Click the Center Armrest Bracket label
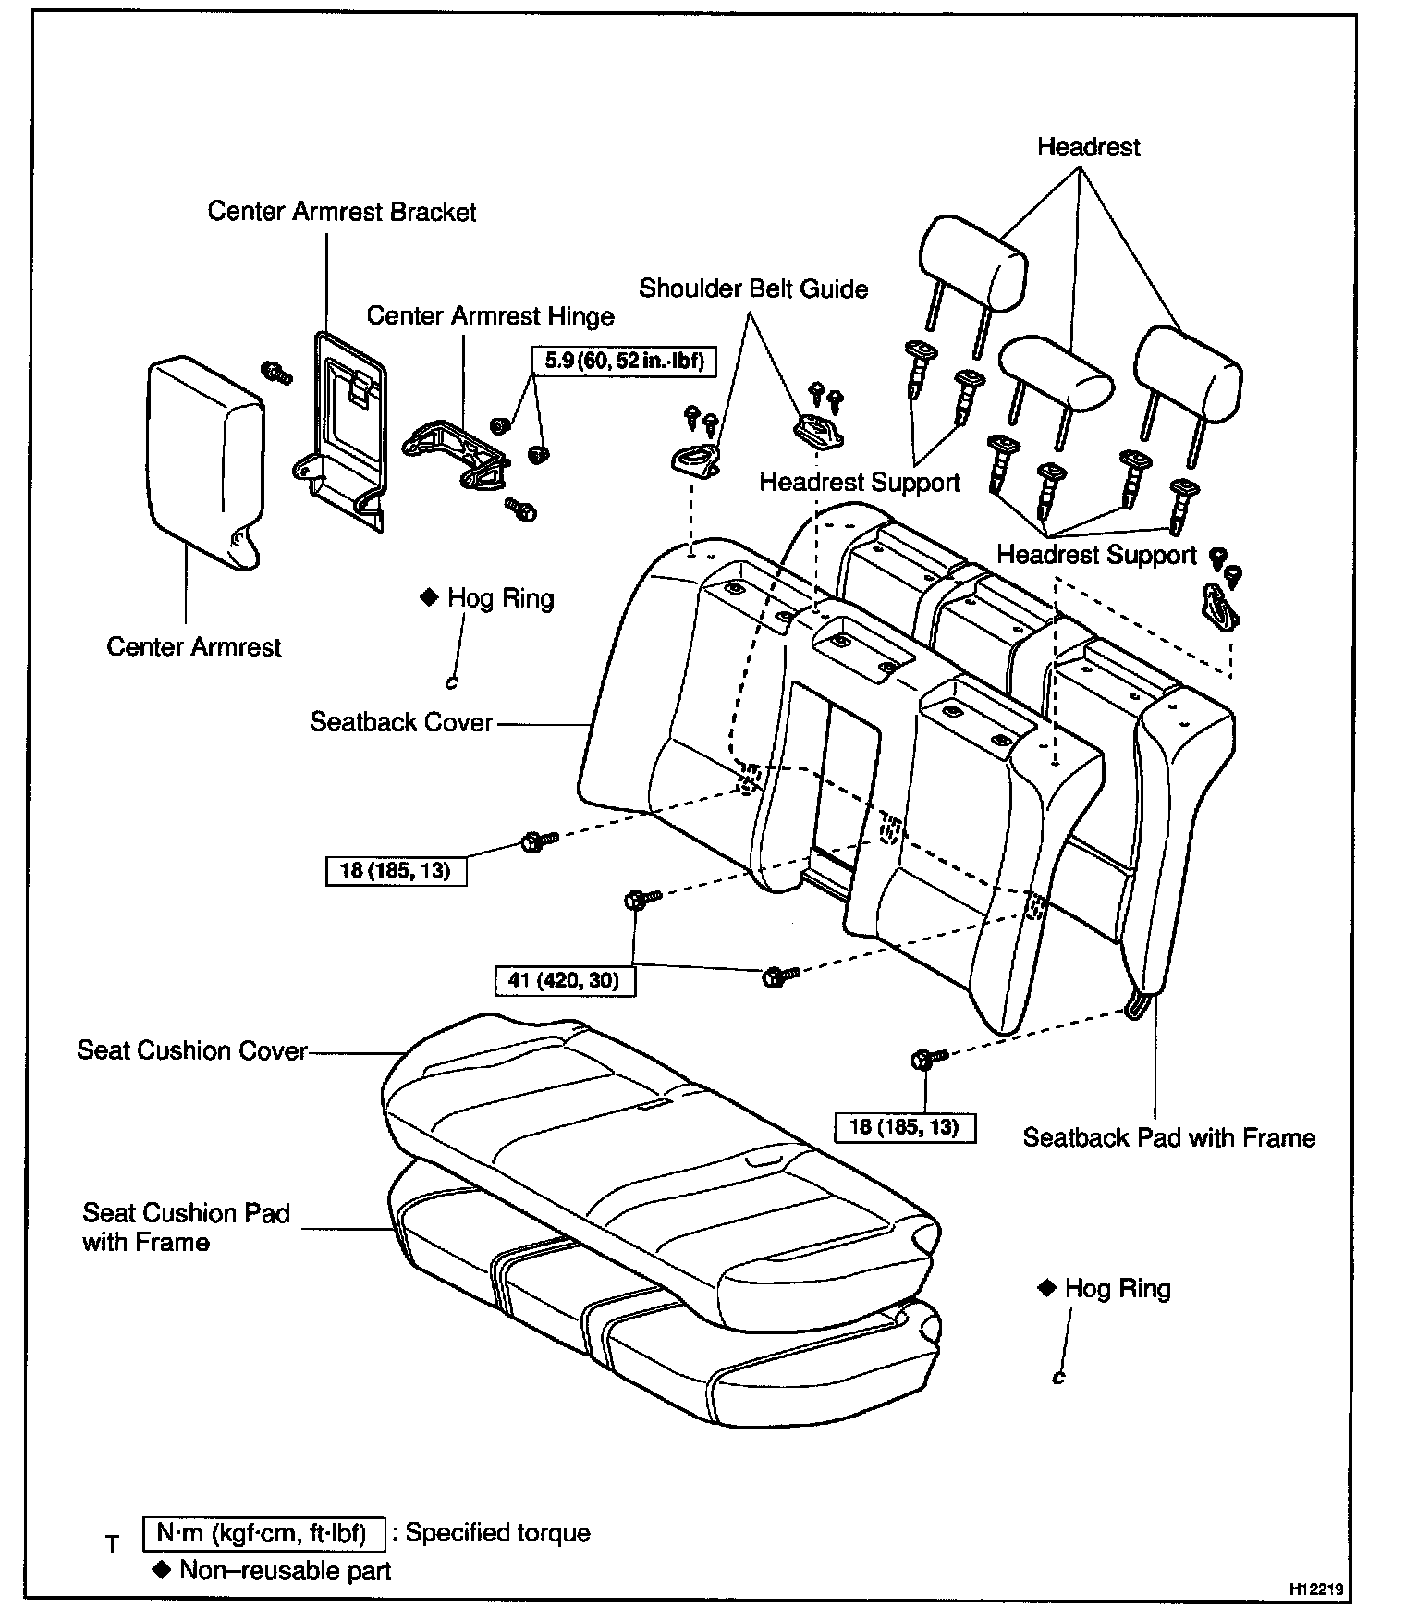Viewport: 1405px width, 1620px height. click(341, 212)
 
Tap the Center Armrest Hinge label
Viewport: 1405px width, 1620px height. click(490, 316)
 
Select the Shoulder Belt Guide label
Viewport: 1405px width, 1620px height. click(753, 288)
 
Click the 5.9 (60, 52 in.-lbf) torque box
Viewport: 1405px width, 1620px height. click(624, 361)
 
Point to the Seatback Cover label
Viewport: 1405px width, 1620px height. click(401, 722)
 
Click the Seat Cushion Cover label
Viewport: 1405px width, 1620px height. click(191, 1050)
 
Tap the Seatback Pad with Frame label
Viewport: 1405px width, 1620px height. click(1168, 1137)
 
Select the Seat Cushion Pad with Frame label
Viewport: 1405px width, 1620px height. click(186, 1226)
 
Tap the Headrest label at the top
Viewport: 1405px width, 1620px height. click(1088, 147)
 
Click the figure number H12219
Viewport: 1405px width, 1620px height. click(1316, 1589)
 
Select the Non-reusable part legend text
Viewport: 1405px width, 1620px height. click(285, 1571)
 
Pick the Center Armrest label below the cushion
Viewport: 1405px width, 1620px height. click(193, 647)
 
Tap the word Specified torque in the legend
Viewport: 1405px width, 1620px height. click(497, 1533)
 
